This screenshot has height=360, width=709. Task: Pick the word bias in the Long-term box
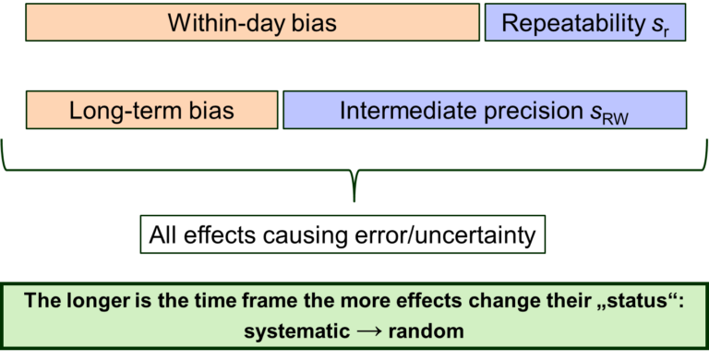pos(211,111)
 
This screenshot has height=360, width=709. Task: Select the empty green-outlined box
pos(342,234)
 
